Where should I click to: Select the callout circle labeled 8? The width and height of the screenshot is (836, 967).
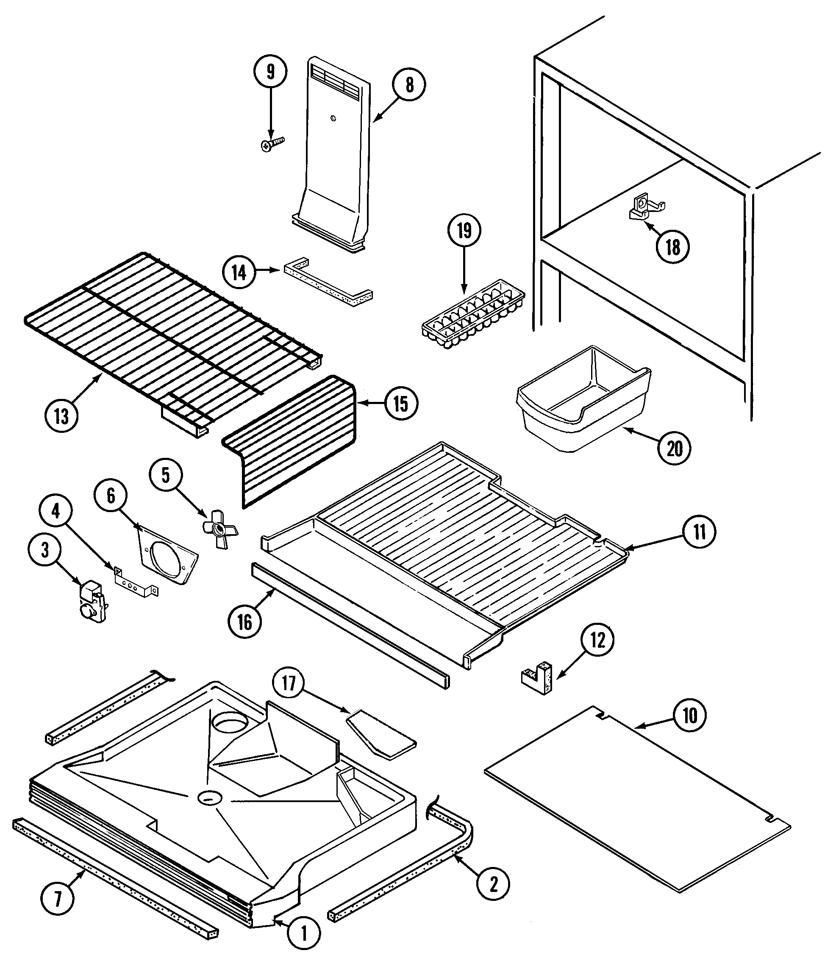pyautogui.click(x=409, y=85)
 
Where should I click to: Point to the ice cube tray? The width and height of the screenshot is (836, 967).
pyautogui.click(x=473, y=315)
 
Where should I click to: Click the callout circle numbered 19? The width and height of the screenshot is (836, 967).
pyautogui.click(x=464, y=231)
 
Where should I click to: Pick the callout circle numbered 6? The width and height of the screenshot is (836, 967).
pyautogui.click(x=111, y=496)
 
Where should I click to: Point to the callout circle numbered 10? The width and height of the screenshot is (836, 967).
pyautogui.click(x=690, y=716)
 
